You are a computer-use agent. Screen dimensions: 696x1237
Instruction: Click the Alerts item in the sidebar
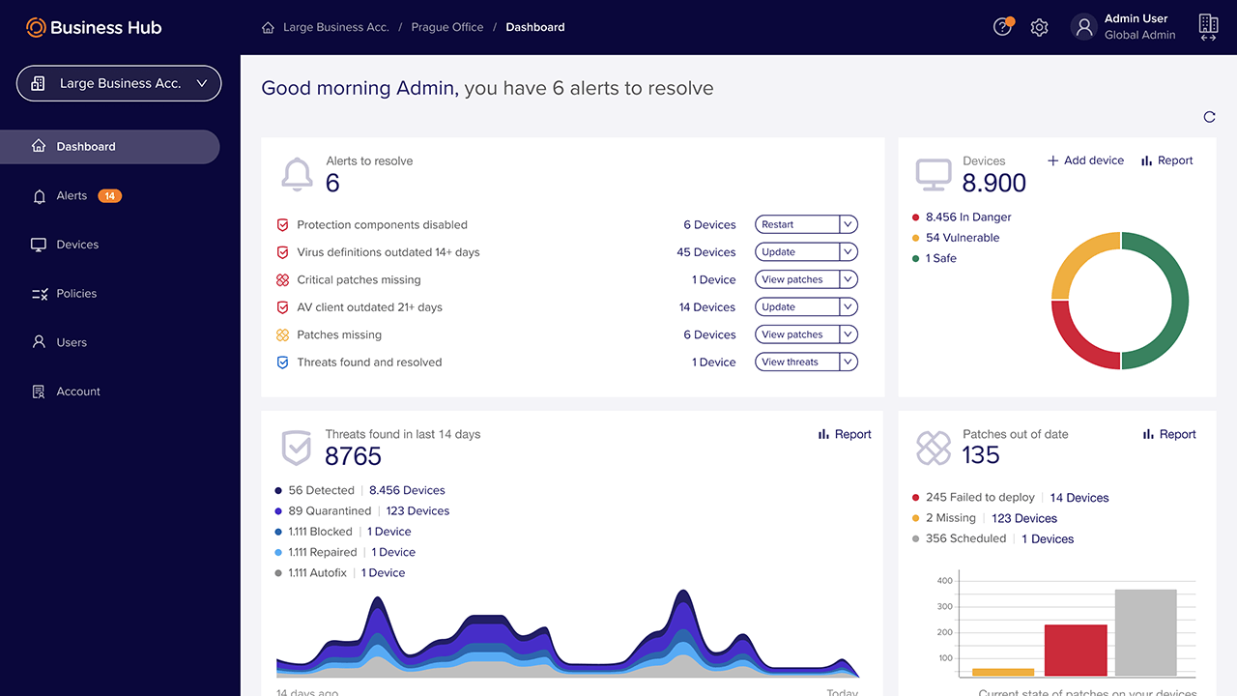(72, 196)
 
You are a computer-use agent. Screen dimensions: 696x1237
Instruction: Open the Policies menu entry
(76, 294)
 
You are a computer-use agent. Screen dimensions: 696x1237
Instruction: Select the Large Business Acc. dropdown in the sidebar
(119, 83)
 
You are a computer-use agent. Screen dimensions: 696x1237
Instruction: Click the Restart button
(795, 224)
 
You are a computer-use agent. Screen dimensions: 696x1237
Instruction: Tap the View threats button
(795, 362)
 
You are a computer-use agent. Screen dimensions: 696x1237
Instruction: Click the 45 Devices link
(705, 252)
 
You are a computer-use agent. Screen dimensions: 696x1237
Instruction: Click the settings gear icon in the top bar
(1039, 28)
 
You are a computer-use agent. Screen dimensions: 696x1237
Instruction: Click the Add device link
(1085, 160)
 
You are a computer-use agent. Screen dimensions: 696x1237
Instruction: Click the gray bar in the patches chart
(1145, 633)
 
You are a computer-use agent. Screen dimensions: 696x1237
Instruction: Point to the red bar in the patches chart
(1076, 651)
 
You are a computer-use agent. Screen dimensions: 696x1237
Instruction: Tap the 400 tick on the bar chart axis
(944, 582)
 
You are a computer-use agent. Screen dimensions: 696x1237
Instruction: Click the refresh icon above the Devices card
(1209, 117)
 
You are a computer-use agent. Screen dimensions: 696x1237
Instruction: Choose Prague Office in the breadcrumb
(446, 28)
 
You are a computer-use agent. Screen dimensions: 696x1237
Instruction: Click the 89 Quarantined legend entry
(330, 511)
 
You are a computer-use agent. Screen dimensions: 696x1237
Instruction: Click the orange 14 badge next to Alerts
(110, 196)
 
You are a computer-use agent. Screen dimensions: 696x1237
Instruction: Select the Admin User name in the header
(1136, 18)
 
